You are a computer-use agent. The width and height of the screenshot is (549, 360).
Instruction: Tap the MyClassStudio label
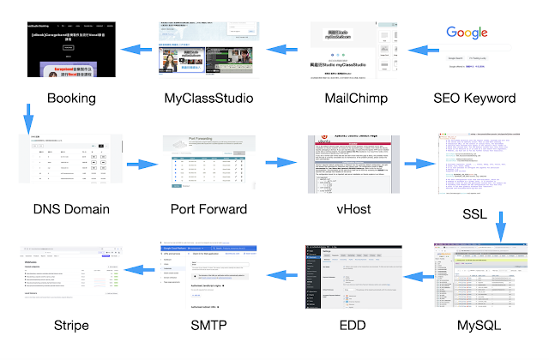pyautogui.click(x=208, y=98)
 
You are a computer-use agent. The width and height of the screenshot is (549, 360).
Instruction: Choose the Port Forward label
pyautogui.click(x=209, y=208)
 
